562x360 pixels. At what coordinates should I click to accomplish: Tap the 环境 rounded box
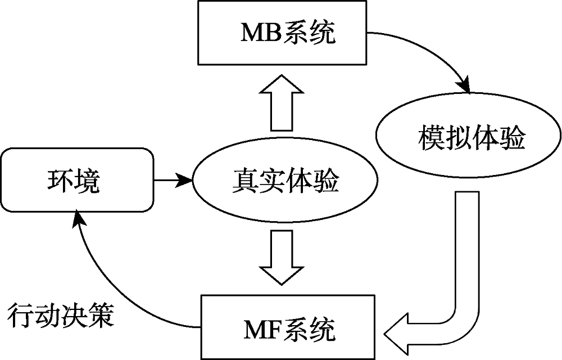(77, 181)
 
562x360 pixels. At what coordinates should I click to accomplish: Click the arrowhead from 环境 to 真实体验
(185, 181)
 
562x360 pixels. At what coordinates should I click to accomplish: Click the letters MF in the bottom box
(260, 328)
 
